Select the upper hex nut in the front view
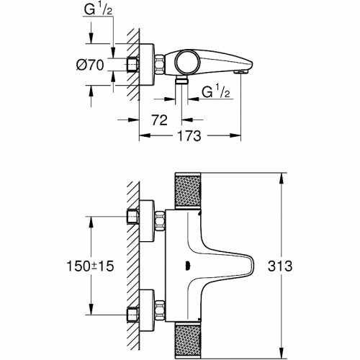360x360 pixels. tap(134, 217)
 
